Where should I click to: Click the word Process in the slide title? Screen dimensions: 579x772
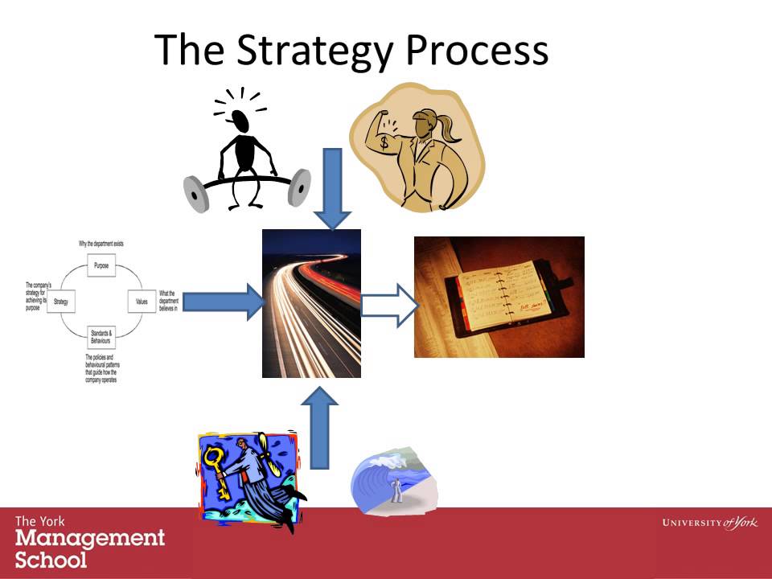click(x=477, y=50)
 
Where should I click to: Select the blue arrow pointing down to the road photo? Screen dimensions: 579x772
click(x=332, y=189)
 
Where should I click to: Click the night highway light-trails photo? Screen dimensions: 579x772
click(x=311, y=303)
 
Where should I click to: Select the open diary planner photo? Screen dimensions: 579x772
click(x=499, y=297)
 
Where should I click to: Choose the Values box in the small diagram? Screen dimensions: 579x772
click(x=142, y=302)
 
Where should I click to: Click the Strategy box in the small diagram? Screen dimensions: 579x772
click(x=61, y=302)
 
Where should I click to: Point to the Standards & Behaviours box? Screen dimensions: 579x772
click(x=101, y=336)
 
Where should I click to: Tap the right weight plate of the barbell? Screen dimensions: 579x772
click(x=299, y=186)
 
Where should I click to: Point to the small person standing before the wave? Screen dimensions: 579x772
click(x=396, y=488)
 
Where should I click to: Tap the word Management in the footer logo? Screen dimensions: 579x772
click(x=89, y=538)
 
